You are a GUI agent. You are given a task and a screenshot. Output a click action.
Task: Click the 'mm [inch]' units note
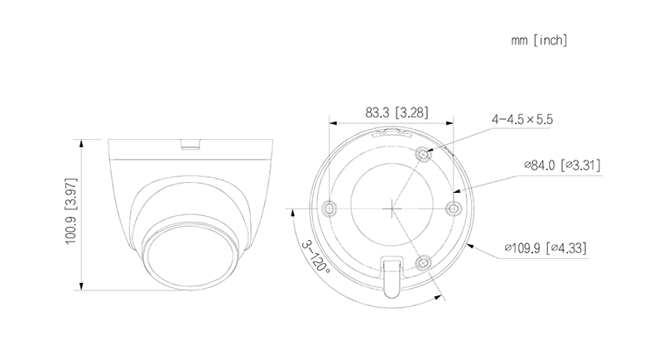point(539,40)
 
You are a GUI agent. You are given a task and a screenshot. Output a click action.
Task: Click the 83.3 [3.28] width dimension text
point(397,113)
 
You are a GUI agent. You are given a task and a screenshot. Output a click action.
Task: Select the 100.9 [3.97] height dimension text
point(71,211)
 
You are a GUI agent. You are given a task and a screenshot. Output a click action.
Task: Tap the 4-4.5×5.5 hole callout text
point(522,119)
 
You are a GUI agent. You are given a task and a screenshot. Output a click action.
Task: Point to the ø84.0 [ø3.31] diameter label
point(562,166)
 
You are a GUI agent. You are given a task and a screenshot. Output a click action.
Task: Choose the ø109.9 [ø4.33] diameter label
point(546,247)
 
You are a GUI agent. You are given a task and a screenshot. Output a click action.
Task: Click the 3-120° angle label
point(315,257)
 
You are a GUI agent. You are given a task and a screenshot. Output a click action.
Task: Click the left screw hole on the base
point(330,208)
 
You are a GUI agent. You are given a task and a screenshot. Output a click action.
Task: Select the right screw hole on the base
point(453,208)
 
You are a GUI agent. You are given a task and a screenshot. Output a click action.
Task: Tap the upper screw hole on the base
point(423,155)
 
